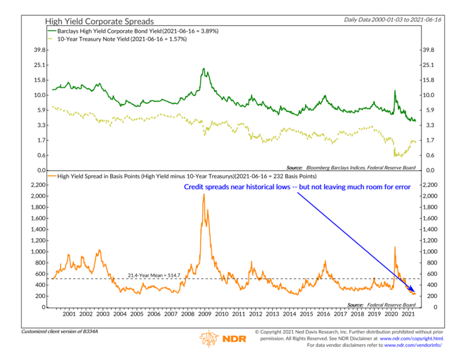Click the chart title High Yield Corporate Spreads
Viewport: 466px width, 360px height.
coord(99,21)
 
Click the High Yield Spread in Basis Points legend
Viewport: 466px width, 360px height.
coord(186,175)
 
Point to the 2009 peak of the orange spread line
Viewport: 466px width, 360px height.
coord(204,195)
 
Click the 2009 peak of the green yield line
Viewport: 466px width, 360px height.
coord(204,69)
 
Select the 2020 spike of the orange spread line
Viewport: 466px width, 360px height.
coord(395,247)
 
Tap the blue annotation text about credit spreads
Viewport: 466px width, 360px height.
coord(297,187)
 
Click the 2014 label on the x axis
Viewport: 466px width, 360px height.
coord(290,314)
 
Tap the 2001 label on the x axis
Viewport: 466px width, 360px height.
coord(69,314)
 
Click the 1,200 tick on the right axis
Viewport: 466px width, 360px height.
coord(430,241)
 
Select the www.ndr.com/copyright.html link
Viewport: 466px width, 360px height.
coord(411,339)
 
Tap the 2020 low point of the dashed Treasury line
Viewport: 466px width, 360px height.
coord(395,155)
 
